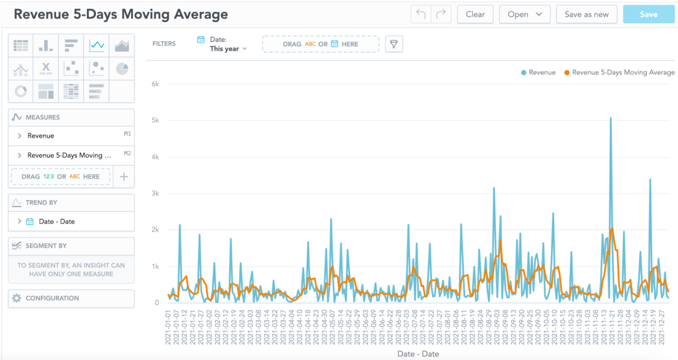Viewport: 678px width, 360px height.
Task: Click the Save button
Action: pyautogui.click(x=648, y=14)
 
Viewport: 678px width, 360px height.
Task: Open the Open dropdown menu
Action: pyautogui.click(x=524, y=14)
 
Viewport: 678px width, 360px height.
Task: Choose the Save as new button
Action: pyautogui.click(x=586, y=14)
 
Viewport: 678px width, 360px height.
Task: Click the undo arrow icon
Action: pyautogui.click(x=421, y=14)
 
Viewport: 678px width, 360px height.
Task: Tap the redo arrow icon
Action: pyautogui.click(x=441, y=14)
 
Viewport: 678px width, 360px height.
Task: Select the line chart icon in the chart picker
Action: pyautogui.click(x=97, y=46)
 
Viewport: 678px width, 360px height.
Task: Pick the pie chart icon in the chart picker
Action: pyautogui.click(x=122, y=69)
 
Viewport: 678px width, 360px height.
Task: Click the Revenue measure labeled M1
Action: pyautogui.click(x=41, y=136)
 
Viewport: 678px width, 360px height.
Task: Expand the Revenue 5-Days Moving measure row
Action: pyautogui.click(x=19, y=155)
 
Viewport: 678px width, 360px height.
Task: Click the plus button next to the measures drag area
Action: pyautogui.click(x=124, y=176)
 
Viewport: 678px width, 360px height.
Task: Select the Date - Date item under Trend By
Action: pyautogui.click(x=57, y=221)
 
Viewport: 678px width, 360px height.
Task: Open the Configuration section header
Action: pyautogui.click(x=52, y=298)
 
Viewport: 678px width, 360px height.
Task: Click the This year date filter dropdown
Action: pyautogui.click(x=228, y=49)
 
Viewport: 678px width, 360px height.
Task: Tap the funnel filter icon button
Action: pyautogui.click(x=394, y=44)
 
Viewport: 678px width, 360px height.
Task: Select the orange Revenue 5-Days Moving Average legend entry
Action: pyautogui.click(x=619, y=72)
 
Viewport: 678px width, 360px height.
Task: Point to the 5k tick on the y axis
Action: pyautogui.click(x=155, y=120)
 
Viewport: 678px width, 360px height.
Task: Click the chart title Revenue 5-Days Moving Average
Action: pyautogui.click(x=120, y=14)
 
